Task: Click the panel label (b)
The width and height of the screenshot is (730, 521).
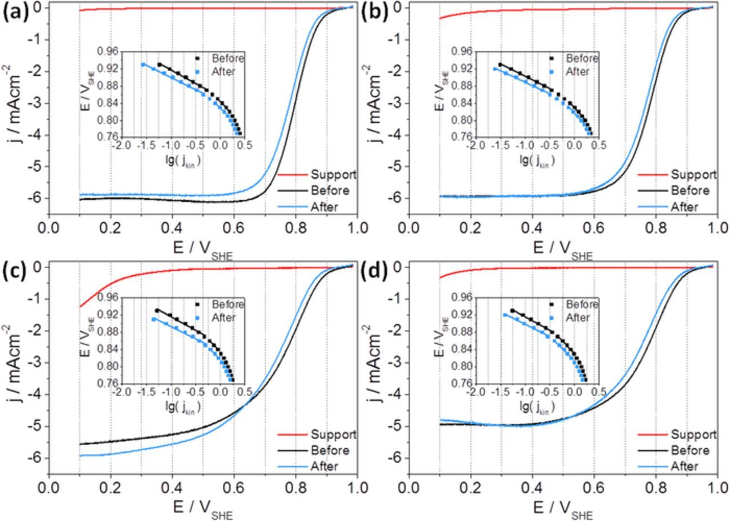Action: [374, 13]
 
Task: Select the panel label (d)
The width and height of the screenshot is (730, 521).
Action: [374, 272]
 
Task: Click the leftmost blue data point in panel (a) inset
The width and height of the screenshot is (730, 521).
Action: [143, 64]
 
